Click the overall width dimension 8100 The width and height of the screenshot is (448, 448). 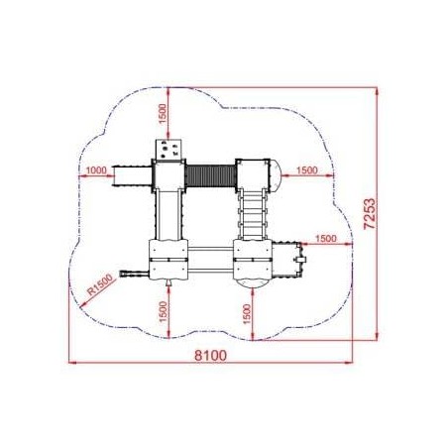[211, 356]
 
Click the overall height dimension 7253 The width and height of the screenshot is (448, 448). [370, 213]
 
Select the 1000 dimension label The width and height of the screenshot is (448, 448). [96, 170]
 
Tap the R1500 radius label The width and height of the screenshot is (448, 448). [99, 285]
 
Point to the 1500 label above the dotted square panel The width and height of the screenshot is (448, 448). [163, 114]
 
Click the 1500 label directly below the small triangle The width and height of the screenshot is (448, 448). [164, 311]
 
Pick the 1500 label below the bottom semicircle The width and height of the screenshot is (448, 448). [247, 314]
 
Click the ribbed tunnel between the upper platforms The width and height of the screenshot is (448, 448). [210, 177]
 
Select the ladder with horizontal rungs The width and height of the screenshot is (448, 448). [253, 214]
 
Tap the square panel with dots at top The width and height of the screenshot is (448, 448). [168, 149]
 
